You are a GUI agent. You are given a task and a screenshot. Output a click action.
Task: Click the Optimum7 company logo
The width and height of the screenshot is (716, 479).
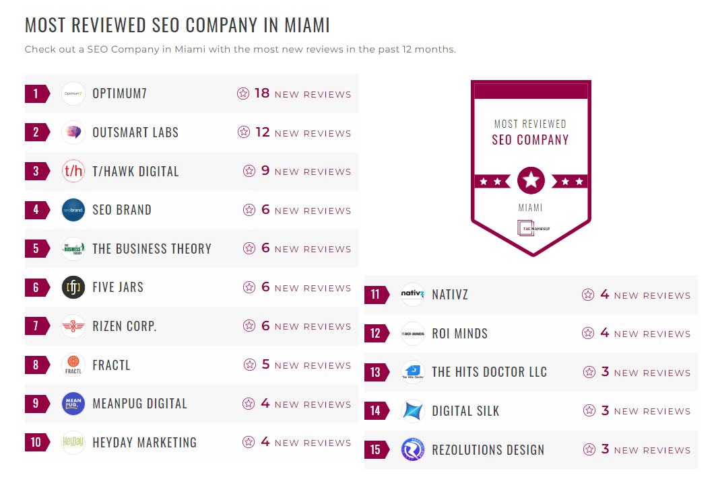click(73, 94)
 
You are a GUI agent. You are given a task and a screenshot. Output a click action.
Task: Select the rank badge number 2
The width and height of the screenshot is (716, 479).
click(36, 133)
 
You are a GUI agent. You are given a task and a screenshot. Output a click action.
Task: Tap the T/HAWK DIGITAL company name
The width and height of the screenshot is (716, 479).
click(135, 171)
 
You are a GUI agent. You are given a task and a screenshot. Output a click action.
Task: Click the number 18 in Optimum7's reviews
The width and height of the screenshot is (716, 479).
click(262, 94)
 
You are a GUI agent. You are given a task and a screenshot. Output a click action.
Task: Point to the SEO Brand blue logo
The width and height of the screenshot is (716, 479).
click(73, 210)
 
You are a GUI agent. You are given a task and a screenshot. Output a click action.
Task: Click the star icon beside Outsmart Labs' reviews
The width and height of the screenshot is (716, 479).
click(244, 133)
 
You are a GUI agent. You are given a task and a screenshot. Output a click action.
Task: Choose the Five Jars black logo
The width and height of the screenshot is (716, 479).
click(73, 287)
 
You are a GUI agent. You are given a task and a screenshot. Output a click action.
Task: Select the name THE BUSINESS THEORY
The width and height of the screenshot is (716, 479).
click(152, 249)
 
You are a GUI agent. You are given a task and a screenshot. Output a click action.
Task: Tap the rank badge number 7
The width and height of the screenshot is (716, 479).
click(36, 326)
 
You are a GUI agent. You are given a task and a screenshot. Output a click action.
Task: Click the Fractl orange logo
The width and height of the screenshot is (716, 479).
click(73, 365)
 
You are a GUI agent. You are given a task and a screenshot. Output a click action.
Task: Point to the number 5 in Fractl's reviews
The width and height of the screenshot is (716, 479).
click(265, 365)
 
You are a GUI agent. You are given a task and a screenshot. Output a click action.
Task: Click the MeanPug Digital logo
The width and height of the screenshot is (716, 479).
click(73, 404)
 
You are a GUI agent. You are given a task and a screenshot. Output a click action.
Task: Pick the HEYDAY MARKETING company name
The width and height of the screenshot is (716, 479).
click(144, 443)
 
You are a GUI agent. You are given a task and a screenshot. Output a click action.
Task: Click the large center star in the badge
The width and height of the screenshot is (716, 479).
click(531, 180)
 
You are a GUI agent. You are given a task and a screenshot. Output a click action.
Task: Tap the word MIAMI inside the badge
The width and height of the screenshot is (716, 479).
click(530, 208)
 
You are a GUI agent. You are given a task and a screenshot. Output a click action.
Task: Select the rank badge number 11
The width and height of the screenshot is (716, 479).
click(375, 295)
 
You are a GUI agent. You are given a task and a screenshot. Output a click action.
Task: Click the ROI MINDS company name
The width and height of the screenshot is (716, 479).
click(459, 334)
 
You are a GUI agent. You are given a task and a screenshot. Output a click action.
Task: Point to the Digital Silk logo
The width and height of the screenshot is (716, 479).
click(413, 410)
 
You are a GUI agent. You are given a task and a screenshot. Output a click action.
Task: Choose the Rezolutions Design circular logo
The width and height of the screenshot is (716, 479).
click(413, 449)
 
